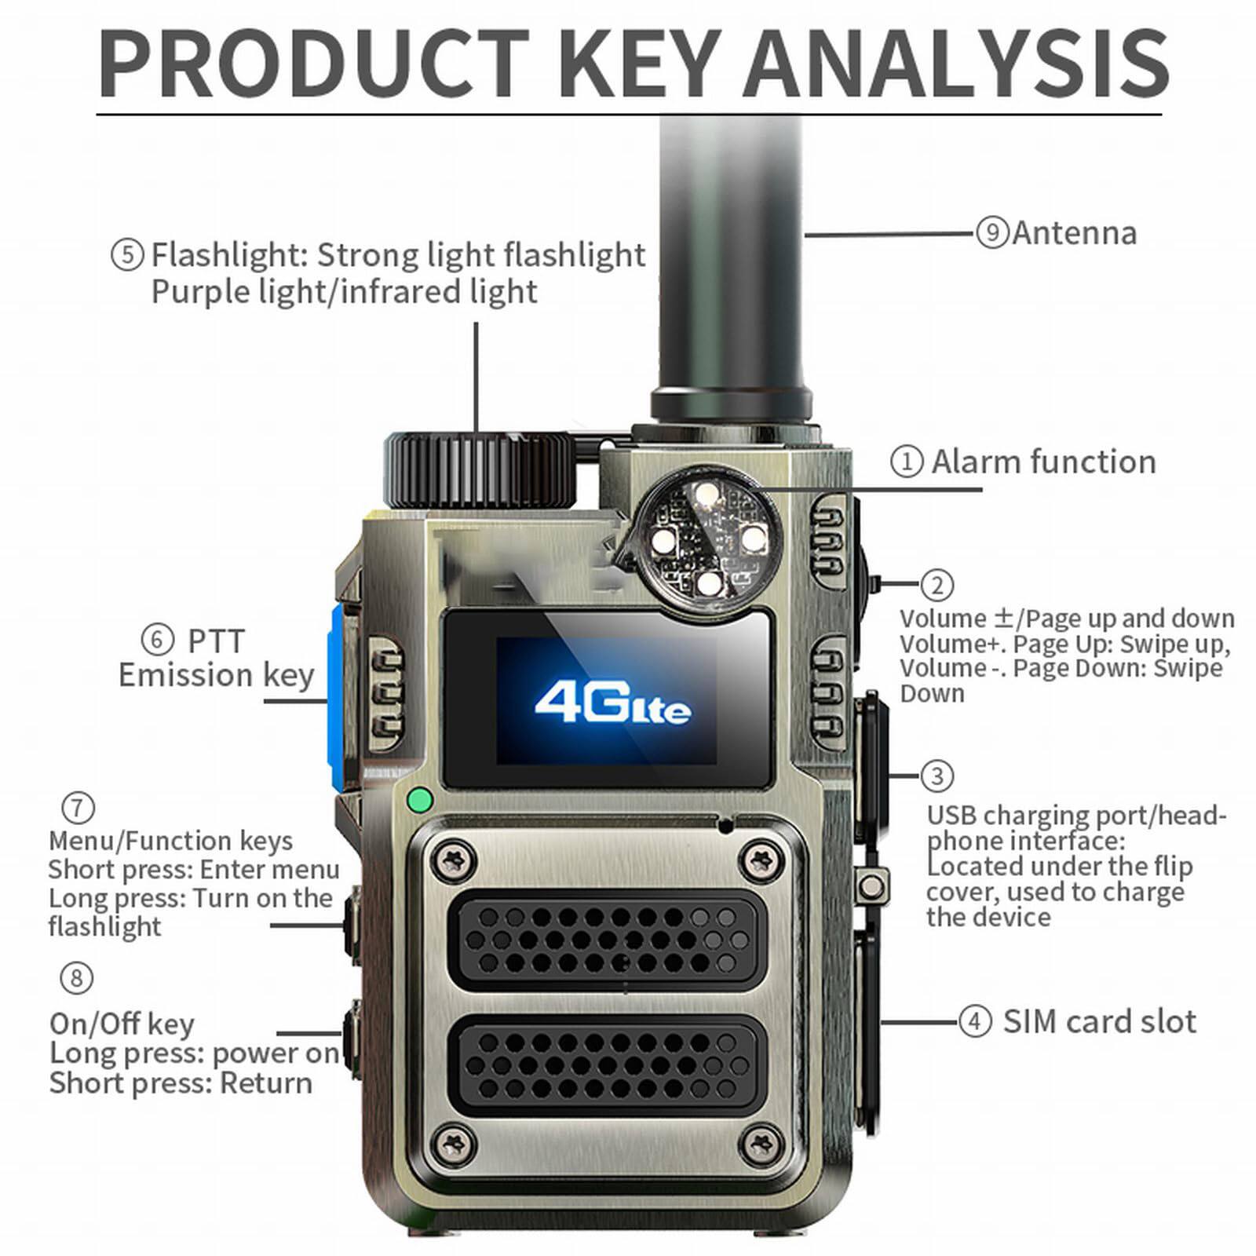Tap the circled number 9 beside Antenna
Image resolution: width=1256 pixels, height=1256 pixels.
[992, 233]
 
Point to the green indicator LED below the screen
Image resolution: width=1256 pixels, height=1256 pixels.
[421, 801]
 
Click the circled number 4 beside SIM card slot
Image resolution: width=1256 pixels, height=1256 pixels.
[975, 1022]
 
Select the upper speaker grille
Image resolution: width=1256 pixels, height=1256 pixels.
[608, 940]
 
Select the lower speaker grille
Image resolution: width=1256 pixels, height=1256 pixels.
[608, 1064]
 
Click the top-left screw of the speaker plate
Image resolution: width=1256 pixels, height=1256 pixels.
[455, 859]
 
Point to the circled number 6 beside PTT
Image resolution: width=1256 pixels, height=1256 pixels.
[157, 640]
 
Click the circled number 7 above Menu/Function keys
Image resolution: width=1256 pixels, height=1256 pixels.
[78, 807]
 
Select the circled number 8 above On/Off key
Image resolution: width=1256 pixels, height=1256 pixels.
[76, 978]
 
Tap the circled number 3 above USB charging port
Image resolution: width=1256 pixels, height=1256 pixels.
[937, 776]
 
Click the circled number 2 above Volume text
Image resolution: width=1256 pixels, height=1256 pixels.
[937, 585]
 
